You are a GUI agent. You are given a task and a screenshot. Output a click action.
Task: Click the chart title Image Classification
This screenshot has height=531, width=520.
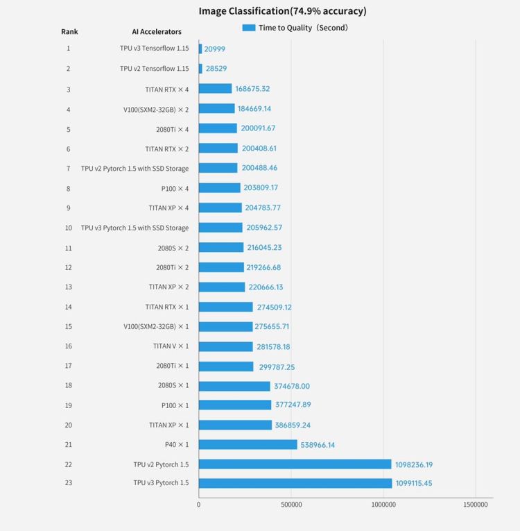tap(244, 11)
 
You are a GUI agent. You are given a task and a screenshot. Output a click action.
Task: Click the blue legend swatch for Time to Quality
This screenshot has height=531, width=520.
tap(249, 28)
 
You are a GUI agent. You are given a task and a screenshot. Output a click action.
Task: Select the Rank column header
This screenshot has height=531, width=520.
tap(69, 32)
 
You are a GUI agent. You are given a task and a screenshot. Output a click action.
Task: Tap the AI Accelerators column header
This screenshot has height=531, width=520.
tap(157, 32)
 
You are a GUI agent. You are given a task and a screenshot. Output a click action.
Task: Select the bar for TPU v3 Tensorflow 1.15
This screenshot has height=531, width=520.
tap(200, 49)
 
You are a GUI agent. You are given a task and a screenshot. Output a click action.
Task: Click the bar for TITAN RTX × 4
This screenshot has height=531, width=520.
tap(215, 88)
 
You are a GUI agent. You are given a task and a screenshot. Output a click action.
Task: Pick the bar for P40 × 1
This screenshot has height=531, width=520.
tap(248, 444)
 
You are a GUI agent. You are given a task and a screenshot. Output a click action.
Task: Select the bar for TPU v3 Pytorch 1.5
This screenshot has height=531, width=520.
tap(295, 483)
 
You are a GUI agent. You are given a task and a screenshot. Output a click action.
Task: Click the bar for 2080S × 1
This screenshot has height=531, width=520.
tap(234, 386)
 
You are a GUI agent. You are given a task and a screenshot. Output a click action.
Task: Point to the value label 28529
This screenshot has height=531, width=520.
tap(216, 69)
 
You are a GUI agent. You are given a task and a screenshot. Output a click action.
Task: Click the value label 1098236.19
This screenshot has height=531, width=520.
tap(414, 464)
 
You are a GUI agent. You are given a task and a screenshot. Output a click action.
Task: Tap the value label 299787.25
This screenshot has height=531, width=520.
tap(277, 367)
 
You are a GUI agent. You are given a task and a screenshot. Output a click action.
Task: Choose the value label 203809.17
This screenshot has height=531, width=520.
tap(261, 187)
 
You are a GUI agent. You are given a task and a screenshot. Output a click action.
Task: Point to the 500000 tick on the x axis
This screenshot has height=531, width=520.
tap(291, 505)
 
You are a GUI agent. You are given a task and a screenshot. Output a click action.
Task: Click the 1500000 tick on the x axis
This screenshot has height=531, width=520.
tap(476, 505)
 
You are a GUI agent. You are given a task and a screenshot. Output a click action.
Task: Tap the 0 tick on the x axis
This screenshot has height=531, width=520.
tap(198, 505)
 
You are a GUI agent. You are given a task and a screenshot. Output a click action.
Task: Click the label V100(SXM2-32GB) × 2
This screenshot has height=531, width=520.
tap(156, 110)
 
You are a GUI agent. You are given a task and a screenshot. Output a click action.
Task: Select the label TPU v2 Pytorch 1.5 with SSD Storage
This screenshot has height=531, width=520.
tap(135, 169)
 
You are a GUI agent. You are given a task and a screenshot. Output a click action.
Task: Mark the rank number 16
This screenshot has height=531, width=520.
tap(69, 346)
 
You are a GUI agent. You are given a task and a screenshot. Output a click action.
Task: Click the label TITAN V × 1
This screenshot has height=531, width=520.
tap(171, 346)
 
